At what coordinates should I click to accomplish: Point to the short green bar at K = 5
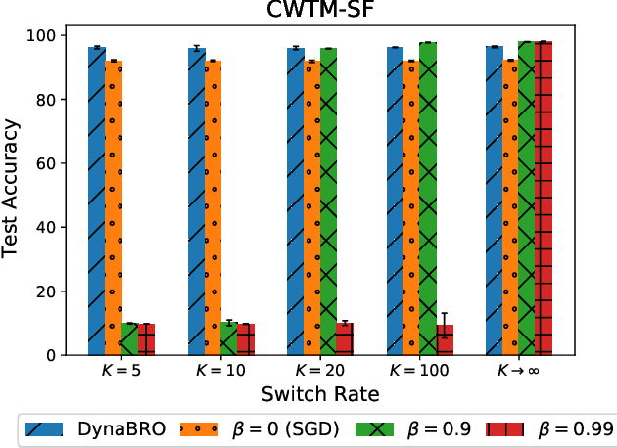point(129,338)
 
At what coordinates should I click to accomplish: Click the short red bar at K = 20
point(345,338)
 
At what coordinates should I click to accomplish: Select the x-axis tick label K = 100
point(419,373)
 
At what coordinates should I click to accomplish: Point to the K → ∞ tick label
point(518,373)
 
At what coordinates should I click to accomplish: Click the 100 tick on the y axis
point(44,35)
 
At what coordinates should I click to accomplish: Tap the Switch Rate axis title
point(319,394)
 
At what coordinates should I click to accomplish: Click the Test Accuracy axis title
point(12,195)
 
